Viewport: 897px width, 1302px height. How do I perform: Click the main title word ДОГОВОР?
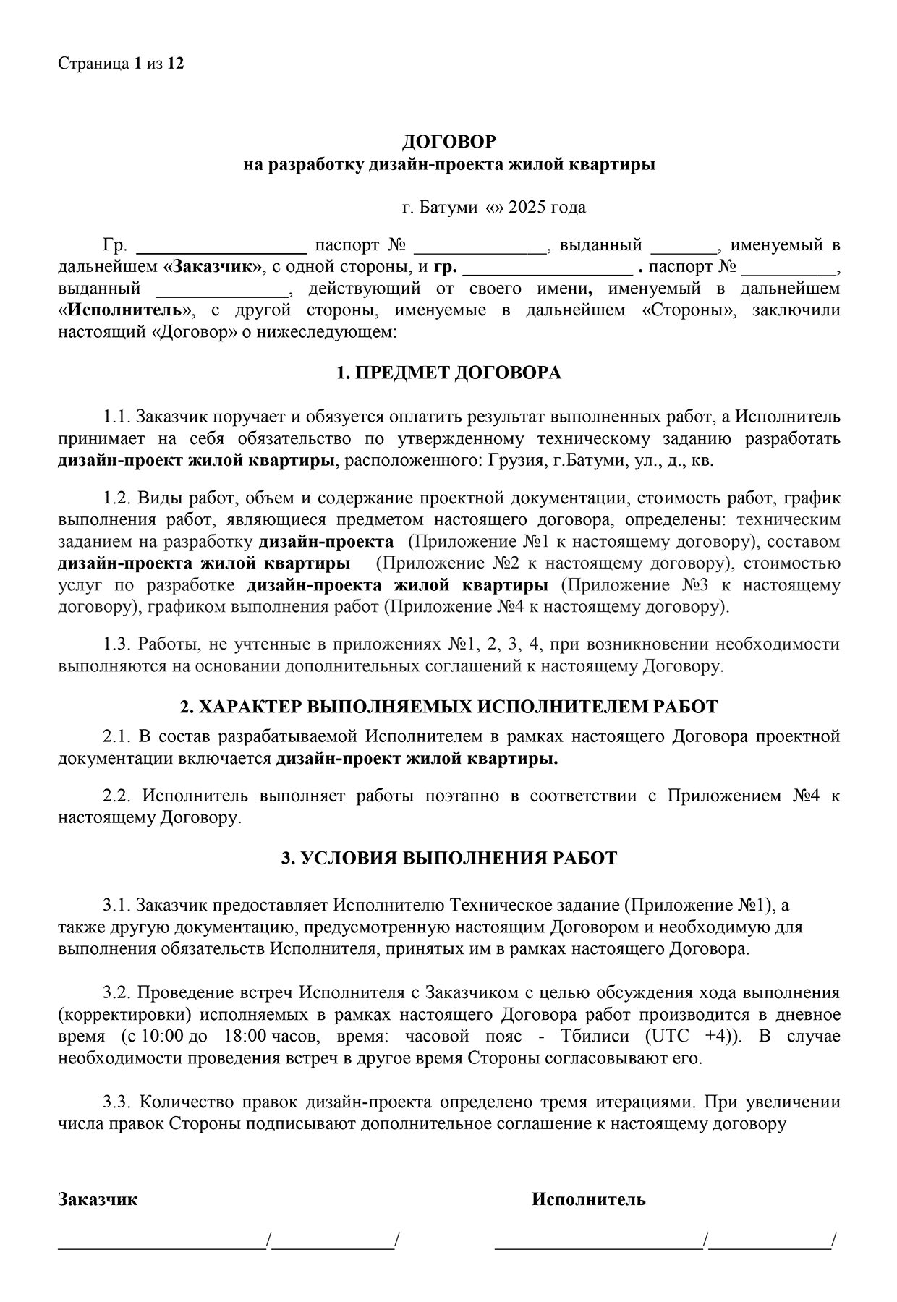[448, 141]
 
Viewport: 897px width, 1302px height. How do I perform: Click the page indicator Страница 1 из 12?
[121, 64]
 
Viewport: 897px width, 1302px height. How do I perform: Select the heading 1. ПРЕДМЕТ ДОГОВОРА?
[448, 373]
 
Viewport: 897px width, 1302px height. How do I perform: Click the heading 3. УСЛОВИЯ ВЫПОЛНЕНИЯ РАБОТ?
[448, 859]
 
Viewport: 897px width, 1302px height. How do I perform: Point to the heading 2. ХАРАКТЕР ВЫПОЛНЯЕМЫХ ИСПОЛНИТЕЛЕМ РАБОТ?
[448, 707]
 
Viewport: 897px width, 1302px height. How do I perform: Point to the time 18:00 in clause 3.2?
[246, 1036]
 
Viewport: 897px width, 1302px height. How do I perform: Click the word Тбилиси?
[594, 1036]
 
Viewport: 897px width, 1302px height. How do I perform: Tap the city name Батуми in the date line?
[448, 208]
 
